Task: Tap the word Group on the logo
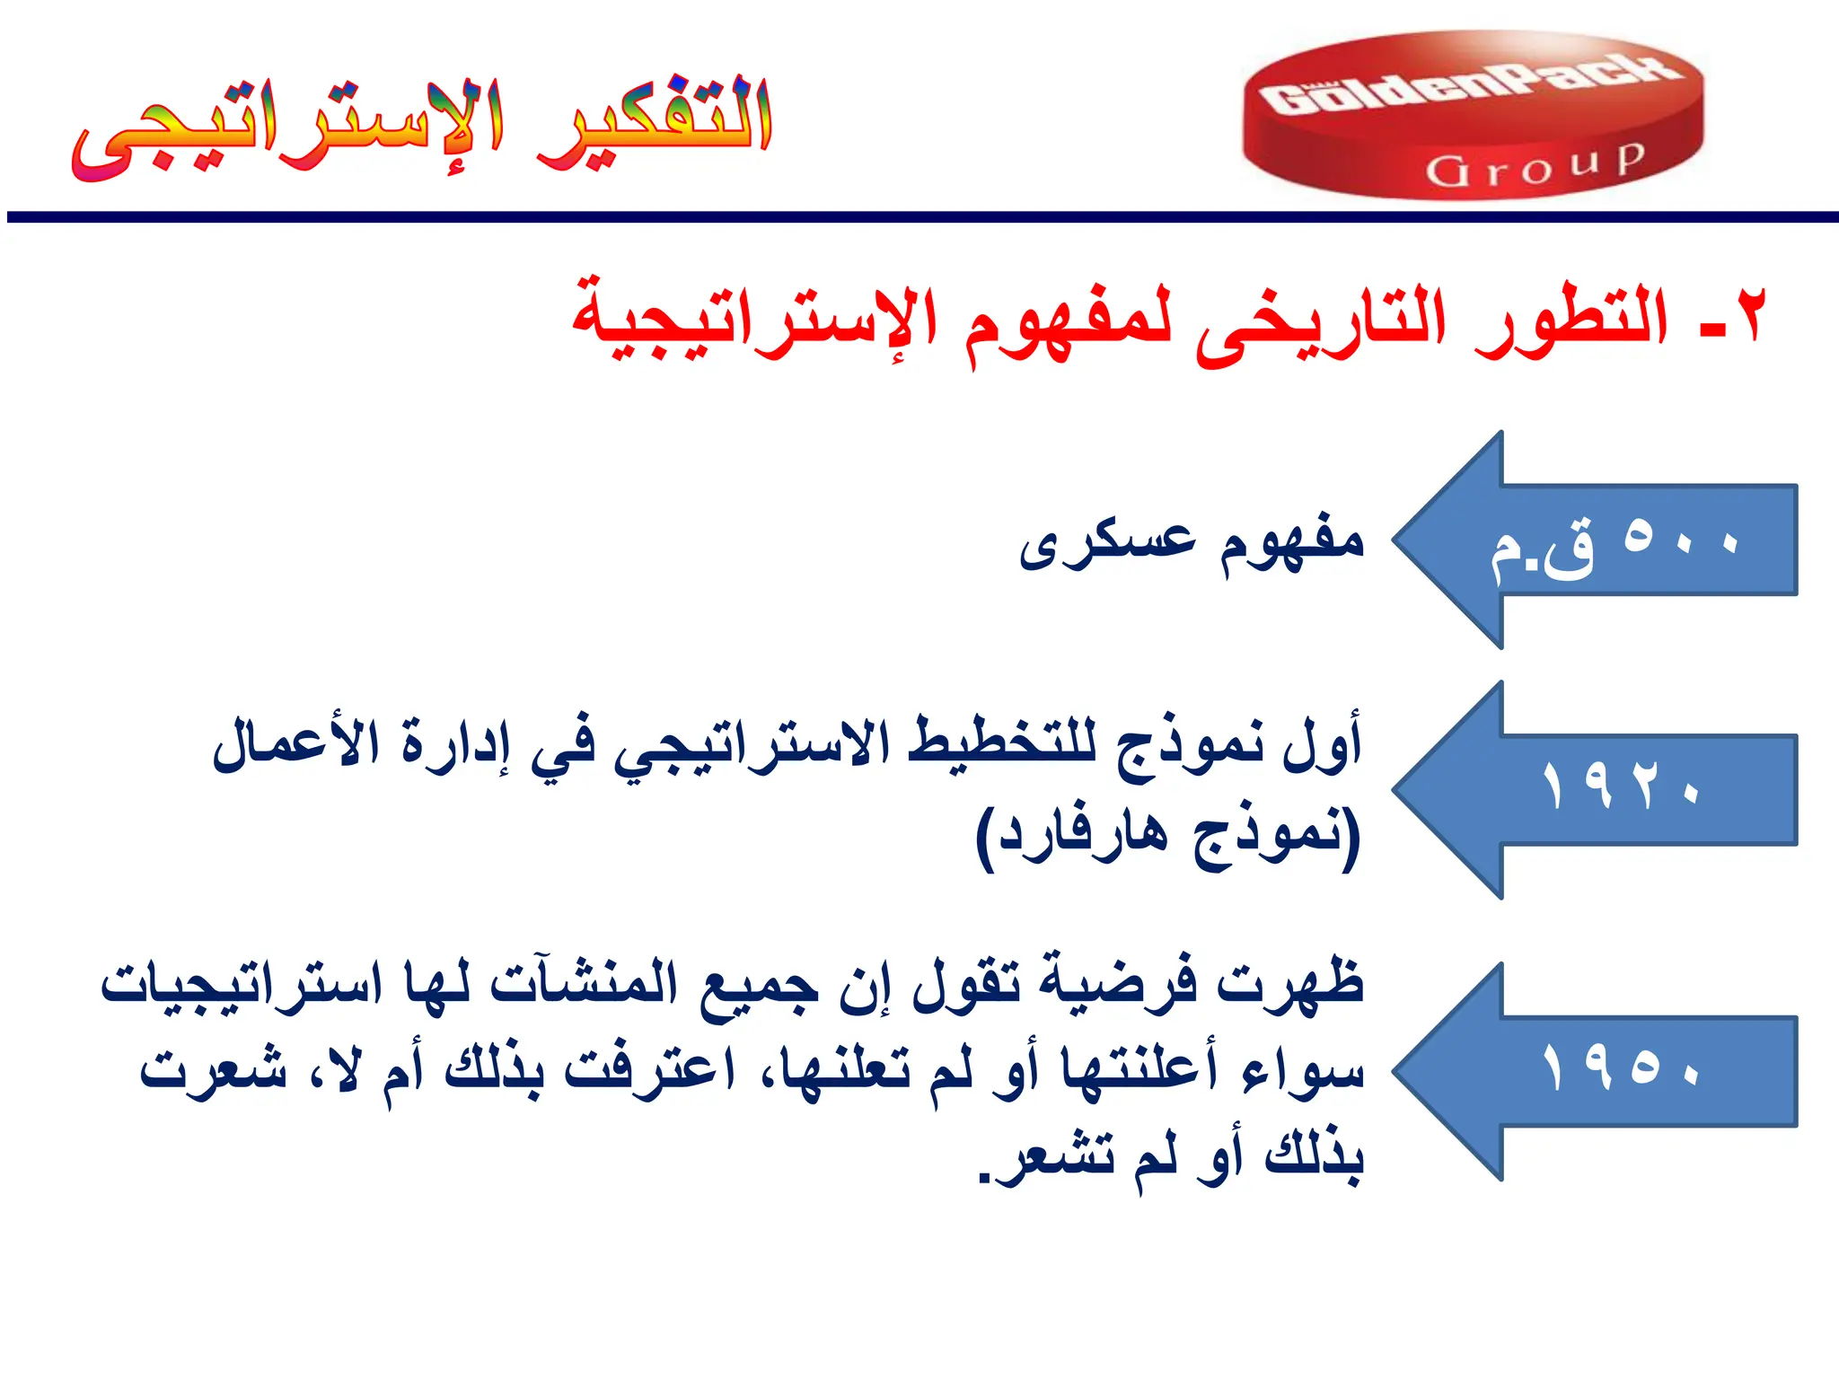[x=1535, y=166]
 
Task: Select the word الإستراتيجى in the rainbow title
[x=287, y=130]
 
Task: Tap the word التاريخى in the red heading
[x=1320, y=323]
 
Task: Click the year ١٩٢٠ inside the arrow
[x=1621, y=786]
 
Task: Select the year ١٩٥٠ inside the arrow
[x=1621, y=1067]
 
